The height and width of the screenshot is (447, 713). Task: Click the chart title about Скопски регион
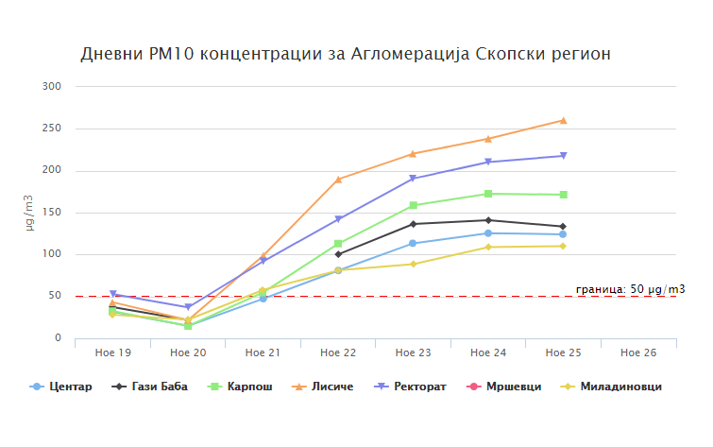(346, 53)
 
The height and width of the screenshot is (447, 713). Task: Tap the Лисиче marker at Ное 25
(563, 120)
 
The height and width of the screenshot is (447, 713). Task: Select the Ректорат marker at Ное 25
(563, 156)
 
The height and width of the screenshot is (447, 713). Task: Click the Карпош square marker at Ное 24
(488, 194)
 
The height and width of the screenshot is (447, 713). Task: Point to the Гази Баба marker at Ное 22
(338, 254)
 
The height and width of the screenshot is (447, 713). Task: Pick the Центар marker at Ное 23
(413, 244)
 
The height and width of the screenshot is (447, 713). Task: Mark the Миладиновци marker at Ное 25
(563, 247)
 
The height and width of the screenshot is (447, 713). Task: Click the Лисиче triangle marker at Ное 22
(338, 179)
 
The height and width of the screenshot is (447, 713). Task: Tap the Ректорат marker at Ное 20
(188, 307)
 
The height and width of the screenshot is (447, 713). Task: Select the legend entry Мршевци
(507, 387)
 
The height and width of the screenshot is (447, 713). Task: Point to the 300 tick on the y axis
(52, 87)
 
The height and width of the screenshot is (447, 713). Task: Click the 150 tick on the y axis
(52, 213)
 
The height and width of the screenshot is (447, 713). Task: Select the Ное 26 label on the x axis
(638, 352)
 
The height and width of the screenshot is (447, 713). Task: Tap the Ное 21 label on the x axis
(263, 352)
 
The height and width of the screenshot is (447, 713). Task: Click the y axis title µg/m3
(28, 213)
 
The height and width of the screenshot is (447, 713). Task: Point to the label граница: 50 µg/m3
(630, 289)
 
